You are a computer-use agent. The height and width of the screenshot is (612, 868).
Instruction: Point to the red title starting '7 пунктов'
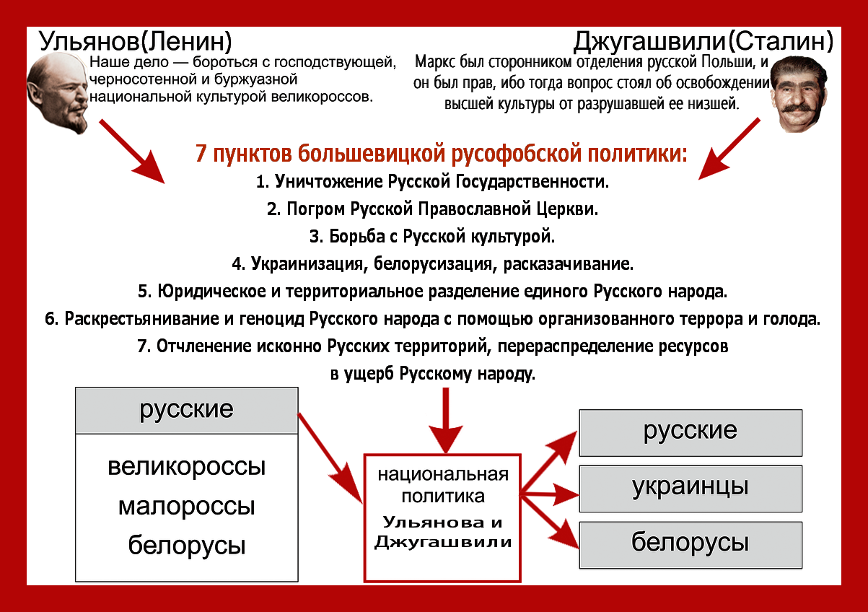[441, 154]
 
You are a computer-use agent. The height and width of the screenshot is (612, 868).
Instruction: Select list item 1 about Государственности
[433, 182]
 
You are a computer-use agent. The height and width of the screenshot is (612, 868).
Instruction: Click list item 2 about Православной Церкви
[433, 209]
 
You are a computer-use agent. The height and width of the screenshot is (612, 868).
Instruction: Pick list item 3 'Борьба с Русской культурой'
[433, 237]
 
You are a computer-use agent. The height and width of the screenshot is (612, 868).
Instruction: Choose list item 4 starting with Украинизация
[433, 264]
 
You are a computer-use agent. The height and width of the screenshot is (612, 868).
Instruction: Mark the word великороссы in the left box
[187, 467]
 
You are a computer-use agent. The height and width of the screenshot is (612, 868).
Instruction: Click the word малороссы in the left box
[187, 506]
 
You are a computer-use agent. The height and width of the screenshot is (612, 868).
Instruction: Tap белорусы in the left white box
[187, 545]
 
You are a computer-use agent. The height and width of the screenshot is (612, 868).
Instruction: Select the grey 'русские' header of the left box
[187, 410]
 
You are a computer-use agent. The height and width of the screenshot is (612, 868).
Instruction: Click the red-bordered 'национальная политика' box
[442, 517]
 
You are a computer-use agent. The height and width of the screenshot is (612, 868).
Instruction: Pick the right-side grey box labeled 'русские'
[691, 432]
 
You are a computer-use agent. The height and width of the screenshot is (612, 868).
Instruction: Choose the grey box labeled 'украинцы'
[691, 488]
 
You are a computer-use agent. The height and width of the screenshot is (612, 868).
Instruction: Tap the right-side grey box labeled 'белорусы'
[691, 543]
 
